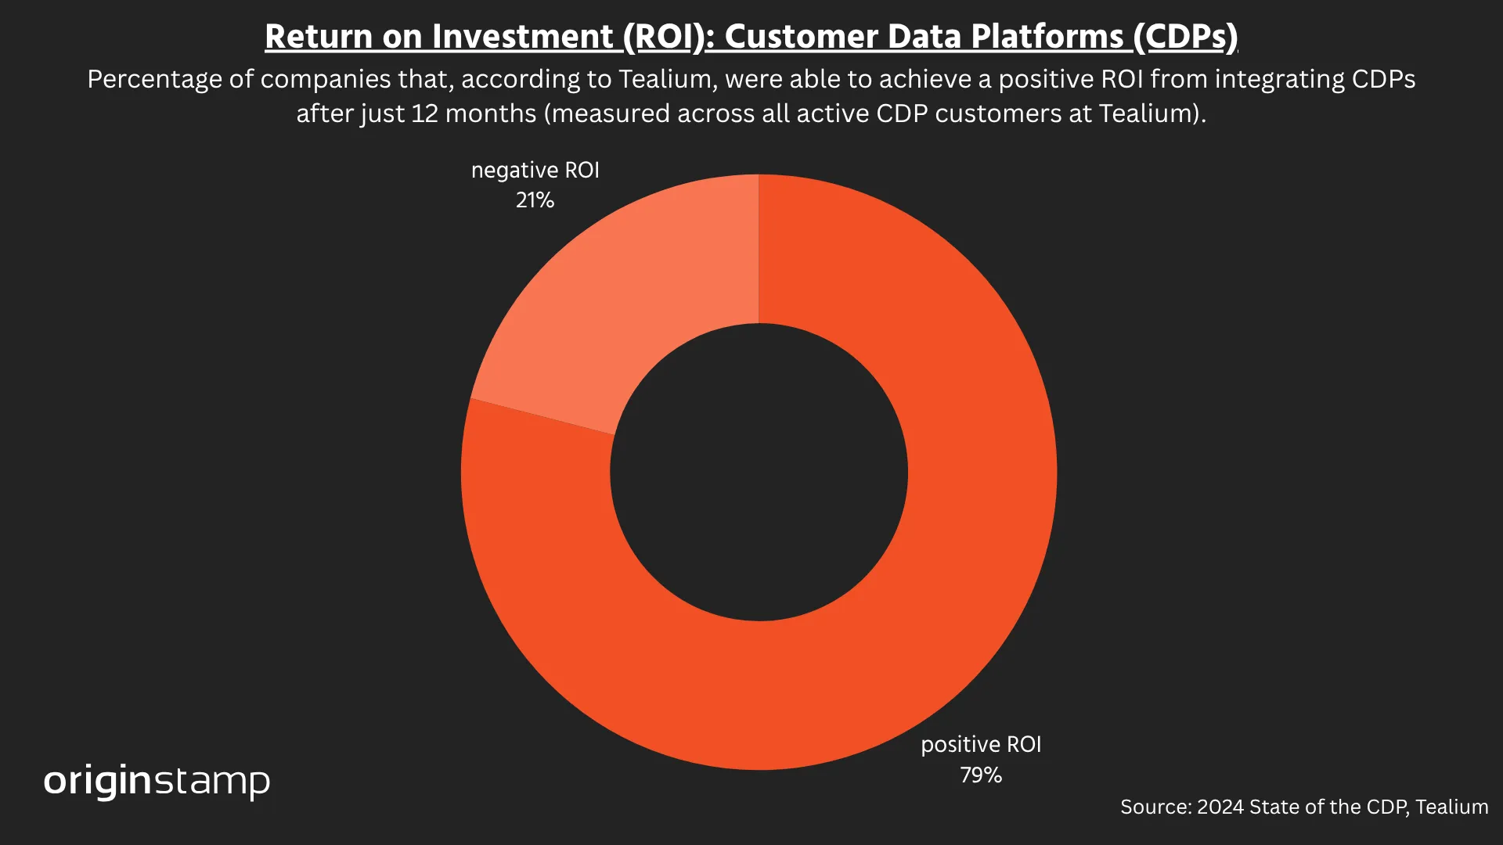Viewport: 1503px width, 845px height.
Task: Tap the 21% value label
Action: pos(535,200)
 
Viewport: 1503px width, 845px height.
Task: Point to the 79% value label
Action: pos(981,775)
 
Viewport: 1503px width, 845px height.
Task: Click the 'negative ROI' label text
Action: pos(535,171)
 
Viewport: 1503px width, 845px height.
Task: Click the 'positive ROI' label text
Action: pos(981,745)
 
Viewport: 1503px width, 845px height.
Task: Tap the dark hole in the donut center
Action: pos(759,473)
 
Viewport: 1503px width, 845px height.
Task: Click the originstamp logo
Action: pos(157,781)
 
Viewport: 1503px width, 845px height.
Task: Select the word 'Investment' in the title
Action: pos(522,37)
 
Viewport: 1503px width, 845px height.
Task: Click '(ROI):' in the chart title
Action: pos(669,37)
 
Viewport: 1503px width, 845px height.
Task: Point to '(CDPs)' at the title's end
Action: pos(1184,37)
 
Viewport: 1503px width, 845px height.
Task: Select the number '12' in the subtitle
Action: pos(424,113)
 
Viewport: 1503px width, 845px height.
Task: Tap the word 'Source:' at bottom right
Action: pos(1155,807)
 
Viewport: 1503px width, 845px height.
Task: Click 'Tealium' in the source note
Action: pos(1451,807)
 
